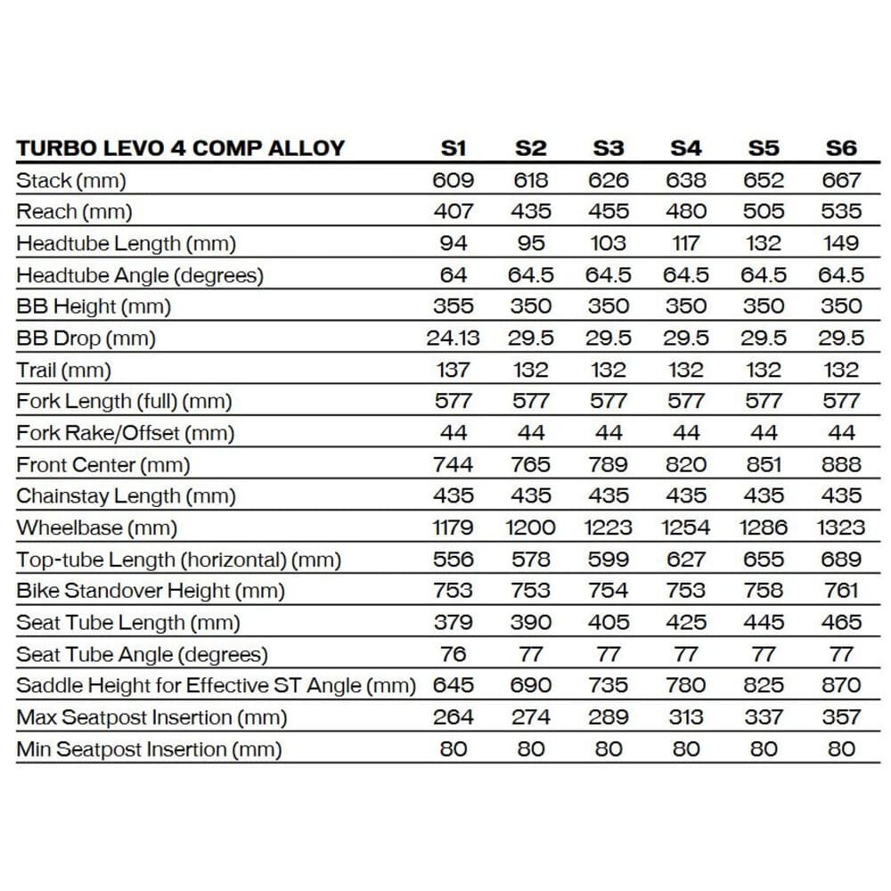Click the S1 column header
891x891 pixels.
[x=453, y=148]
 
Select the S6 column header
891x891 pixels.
[x=841, y=148]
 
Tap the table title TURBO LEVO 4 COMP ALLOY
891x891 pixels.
[x=180, y=148]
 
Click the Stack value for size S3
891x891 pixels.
[x=609, y=180]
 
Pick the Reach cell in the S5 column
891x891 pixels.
[x=764, y=211]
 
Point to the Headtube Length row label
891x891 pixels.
[x=126, y=243]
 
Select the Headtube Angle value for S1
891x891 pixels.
[x=453, y=274]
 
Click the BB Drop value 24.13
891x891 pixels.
[x=453, y=338]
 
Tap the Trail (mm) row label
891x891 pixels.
[x=63, y=370]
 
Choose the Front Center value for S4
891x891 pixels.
[x=686, y=464]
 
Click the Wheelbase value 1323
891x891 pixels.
[x=841, y=527]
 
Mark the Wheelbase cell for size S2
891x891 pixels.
[x=531, y=527]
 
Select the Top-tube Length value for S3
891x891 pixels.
[x=609, y=560]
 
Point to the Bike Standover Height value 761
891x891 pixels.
[x=841, y=591]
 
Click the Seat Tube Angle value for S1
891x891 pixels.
[x=453, y=654]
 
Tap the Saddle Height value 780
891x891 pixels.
[x=686, y=685]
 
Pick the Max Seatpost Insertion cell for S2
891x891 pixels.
[x=531, y=717]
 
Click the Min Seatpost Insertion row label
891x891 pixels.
[x=149, y=749]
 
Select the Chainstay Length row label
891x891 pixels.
[x=123, y=496]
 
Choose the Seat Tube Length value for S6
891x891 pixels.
[x=841, y=622]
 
